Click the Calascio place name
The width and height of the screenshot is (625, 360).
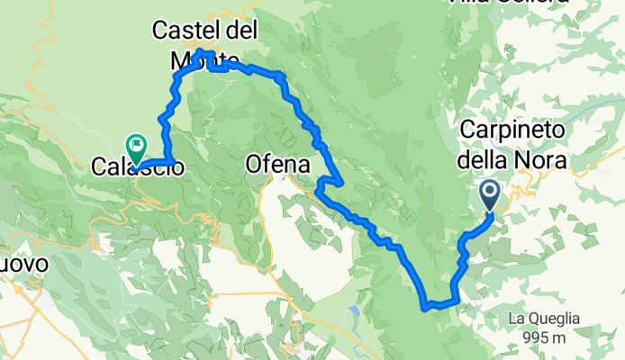click(x=139, y=166)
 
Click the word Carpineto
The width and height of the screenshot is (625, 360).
click(x=515, y=131)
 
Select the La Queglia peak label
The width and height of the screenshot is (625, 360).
click(x=542, y=319)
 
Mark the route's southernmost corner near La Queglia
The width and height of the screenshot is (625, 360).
click(x=425, y=307)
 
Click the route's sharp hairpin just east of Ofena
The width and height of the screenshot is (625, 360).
click(x=317, y=189)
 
